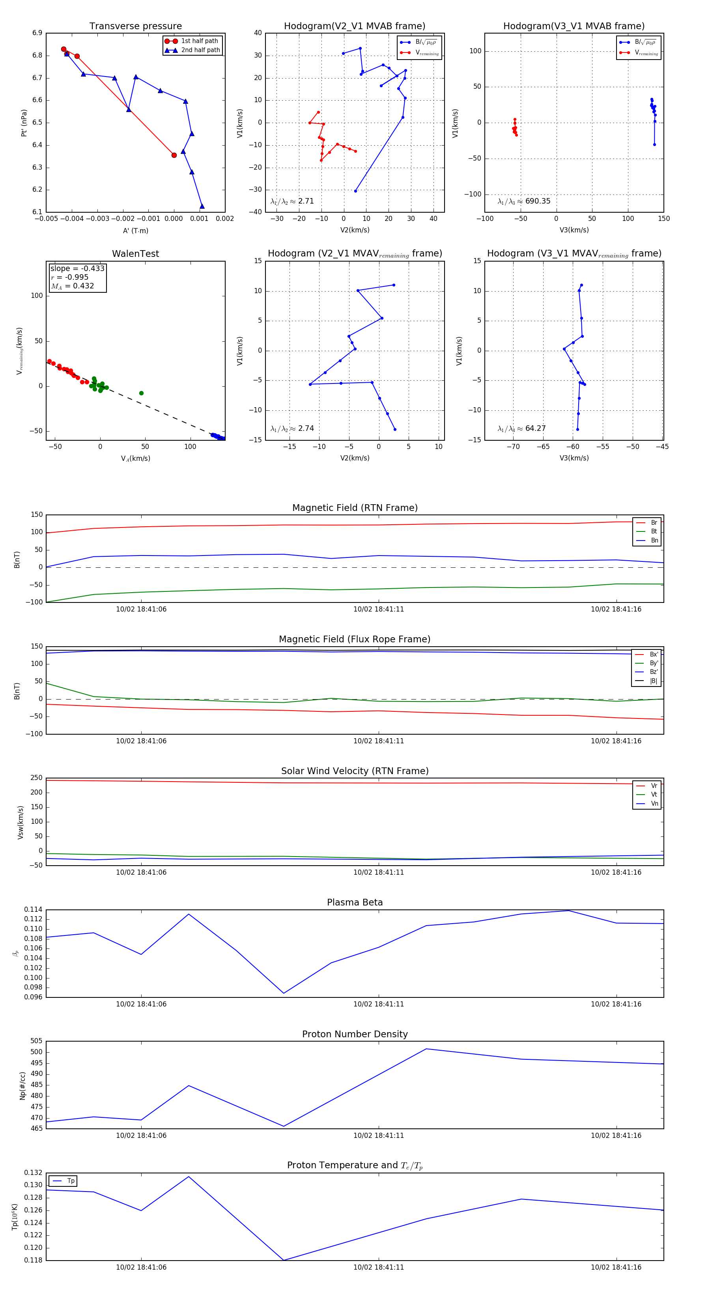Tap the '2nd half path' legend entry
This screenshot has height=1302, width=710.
(200, 50)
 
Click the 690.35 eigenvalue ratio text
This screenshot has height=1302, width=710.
(538, 201)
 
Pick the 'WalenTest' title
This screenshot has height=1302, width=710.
(135, 254)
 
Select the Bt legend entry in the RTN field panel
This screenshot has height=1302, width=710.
(654, 531)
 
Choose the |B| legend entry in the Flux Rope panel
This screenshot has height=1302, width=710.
(654, 681)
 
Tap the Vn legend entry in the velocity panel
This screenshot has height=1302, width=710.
(654, 804)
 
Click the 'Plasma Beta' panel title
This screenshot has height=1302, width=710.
(355, 903)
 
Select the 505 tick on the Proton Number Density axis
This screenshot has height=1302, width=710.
(36, 1041)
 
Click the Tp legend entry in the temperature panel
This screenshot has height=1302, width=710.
(70, 1181)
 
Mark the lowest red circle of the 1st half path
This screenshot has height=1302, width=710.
(174, 155)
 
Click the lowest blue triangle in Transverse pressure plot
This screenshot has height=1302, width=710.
(202, 206)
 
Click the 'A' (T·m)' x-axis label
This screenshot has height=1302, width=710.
(135, 231)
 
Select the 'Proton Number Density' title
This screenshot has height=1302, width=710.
(355, 1034)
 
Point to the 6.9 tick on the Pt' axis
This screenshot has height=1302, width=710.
(37, 33)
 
